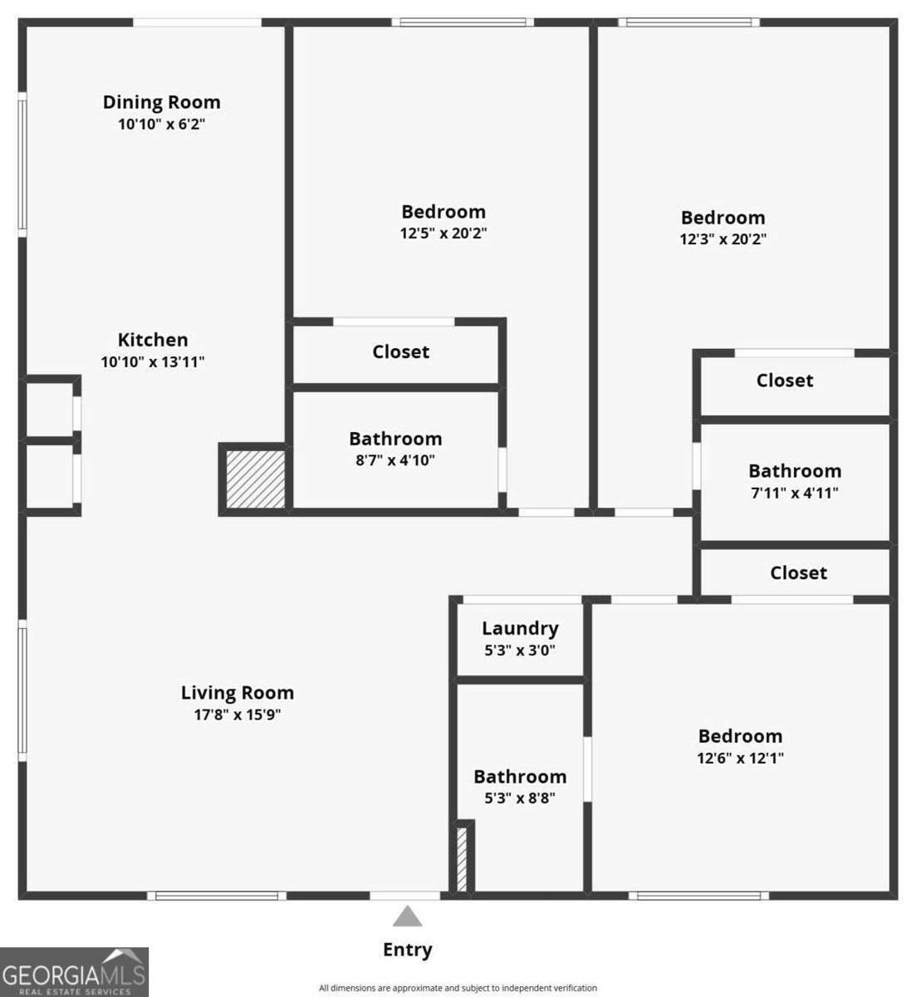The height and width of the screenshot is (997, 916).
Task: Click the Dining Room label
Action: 161,102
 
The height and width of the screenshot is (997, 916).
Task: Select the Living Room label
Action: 238,692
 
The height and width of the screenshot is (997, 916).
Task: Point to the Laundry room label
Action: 520,628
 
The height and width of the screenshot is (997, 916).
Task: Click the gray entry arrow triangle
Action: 407,916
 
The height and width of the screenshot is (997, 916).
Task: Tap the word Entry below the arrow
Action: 407,950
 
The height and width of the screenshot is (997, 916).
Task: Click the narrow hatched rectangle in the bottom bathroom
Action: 462,858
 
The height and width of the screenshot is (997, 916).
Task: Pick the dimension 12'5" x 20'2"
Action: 443,233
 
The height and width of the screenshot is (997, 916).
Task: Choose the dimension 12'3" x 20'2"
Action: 723,239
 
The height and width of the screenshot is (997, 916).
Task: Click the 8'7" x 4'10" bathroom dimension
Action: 395,459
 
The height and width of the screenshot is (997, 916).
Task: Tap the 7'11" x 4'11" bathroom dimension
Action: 795,493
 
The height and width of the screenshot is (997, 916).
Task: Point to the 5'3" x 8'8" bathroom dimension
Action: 520,798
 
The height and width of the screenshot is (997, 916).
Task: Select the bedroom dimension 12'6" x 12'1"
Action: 740,758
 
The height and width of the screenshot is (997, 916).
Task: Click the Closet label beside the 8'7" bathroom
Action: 400,351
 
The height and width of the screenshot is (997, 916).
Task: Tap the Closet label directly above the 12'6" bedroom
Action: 798,572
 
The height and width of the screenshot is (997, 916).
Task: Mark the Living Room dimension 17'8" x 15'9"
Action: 238,715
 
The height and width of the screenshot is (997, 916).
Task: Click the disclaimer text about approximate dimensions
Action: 458,988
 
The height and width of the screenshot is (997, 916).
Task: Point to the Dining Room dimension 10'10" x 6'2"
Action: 161,125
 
